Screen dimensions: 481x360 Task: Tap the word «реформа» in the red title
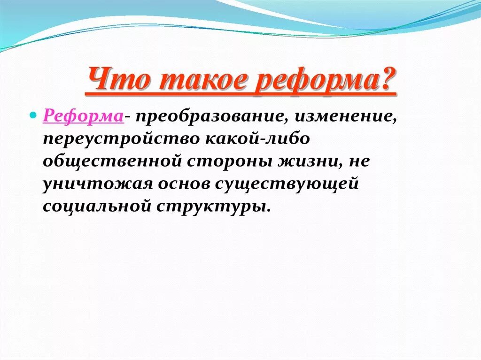click(316, 81)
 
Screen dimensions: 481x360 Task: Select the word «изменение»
click(344, 117)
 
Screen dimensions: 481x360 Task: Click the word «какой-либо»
click(257, 138)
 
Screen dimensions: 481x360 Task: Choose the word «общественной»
click(112, 161)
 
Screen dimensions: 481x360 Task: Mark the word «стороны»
click(229, 162)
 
